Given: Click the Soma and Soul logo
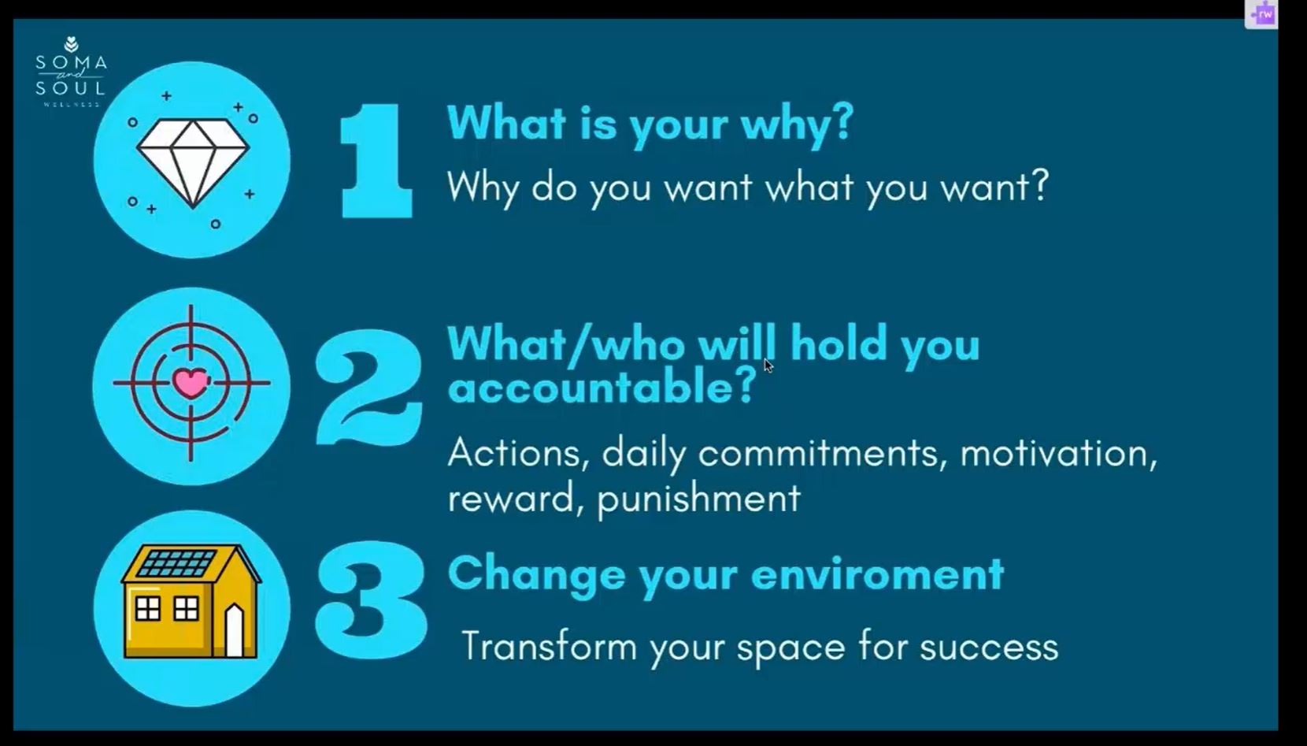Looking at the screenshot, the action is [x=71, y=72].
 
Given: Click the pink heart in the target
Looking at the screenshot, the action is [x=191, y=383].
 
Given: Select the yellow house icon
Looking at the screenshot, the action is [x=191, y=602].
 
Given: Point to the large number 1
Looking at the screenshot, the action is [x=376, y=161].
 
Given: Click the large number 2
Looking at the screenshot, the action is [x=368, y=387].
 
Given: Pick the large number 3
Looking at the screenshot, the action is [x=371, y=600].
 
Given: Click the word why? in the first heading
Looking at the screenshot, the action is [x=797, y=124].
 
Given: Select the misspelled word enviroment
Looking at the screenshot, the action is [x=878, y=574].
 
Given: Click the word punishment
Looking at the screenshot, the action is [x=699, y=500].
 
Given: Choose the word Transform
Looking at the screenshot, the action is [x=549, y=646].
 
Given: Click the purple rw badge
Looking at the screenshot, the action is [x=1261, y=15].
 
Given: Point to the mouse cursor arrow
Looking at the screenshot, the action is [x=768, y=366].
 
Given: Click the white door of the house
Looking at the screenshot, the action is [x=235, y=631].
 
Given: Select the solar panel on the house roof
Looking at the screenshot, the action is [x=177, y=563].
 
